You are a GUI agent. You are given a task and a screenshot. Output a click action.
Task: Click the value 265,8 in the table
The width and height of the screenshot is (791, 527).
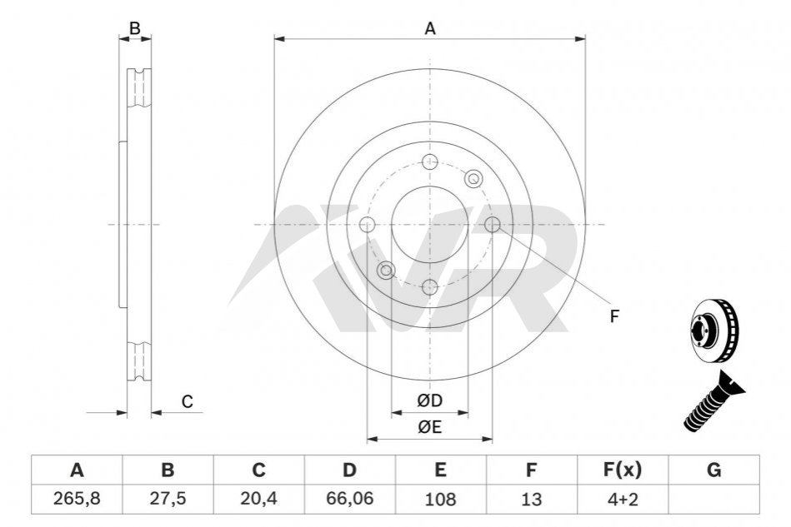(x=77, y=499)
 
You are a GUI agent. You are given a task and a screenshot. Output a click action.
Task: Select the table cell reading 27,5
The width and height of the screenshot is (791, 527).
(x=168, y=499)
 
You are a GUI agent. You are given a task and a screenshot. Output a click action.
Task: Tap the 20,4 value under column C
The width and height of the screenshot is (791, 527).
(x=258, y=499)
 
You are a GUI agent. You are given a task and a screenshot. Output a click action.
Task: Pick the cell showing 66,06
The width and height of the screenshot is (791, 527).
(x=349, y=499)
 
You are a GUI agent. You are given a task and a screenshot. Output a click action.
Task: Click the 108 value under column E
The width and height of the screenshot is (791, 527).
(x=440, y=500)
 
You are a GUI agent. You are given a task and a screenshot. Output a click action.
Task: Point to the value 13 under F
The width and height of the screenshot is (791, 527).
(x=531, y=500)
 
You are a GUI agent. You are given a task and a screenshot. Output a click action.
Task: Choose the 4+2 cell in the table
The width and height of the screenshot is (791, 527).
(x=623, y=500)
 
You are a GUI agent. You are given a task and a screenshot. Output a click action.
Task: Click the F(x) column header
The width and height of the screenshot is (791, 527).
(x=623, y=470)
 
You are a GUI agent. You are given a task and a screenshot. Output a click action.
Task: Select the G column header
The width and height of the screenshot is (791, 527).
(x=713, y=470)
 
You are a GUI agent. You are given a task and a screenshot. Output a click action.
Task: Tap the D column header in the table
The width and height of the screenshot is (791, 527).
(x=349, y=470)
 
